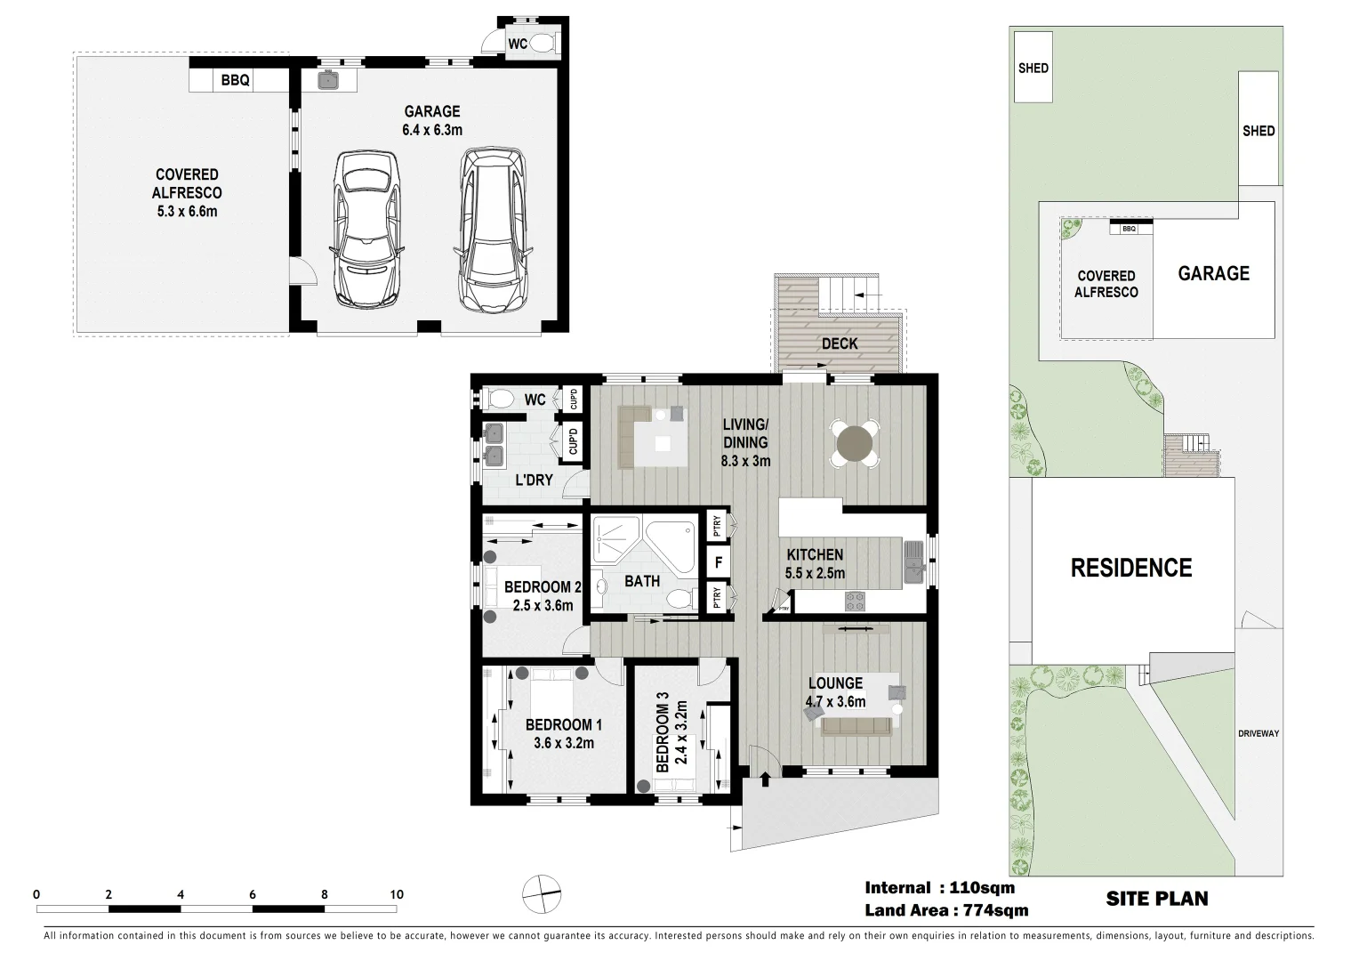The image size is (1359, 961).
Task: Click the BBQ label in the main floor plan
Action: click(x=236, y=81)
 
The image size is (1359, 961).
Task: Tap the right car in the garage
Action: click(x=492, y=230)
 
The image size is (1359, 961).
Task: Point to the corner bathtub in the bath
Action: click(x=672, y=548)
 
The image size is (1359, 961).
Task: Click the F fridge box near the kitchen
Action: click(x=715, y=562)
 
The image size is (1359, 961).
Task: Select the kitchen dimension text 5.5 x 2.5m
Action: click(x=815, y=573)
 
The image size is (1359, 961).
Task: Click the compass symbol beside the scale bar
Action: click(x=542, y=894)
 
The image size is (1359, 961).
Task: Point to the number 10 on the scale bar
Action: click(x=397, y=894)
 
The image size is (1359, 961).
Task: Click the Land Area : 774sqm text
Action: click(x=946, y=909)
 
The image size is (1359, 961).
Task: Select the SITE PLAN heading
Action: click(x=1156, y=899)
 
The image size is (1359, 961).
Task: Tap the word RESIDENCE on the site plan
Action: click(x=1130, y=568)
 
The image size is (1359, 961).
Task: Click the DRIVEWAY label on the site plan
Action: click(x=1258, y=733)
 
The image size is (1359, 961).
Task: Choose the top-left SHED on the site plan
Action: click(x=1033, y=68)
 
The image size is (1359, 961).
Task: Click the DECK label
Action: click(x=839, y=343)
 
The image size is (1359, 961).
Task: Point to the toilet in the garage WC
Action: click(x=545, y=43)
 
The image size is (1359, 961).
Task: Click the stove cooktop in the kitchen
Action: click(x=854, y=601)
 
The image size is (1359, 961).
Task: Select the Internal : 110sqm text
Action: click(x=939, y=887)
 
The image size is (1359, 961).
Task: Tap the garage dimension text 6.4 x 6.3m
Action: click(x=432, y=120)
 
